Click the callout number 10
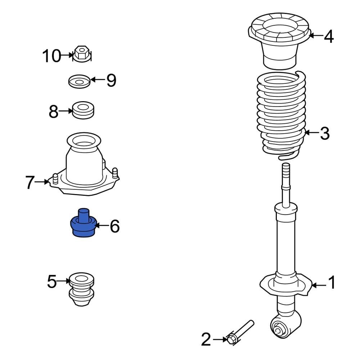pyautogui.click(x=52, y=56)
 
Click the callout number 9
pyautogui.click(x=111, y=80)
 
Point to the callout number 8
pyautogui.click(x=54, y=112)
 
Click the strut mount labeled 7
pyautogui.click(x=84, y=166)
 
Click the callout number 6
pyautogui.click(x=114, y=226)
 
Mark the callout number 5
pyautogui.click(x=52, y=282)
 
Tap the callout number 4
pyautogui.click(x=329, y=36)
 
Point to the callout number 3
pyautogui.click(x=324, y=134)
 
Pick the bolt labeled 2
pyautogui.click(x=239, y=331)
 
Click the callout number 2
pyautogui.click(x=206, y=339)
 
